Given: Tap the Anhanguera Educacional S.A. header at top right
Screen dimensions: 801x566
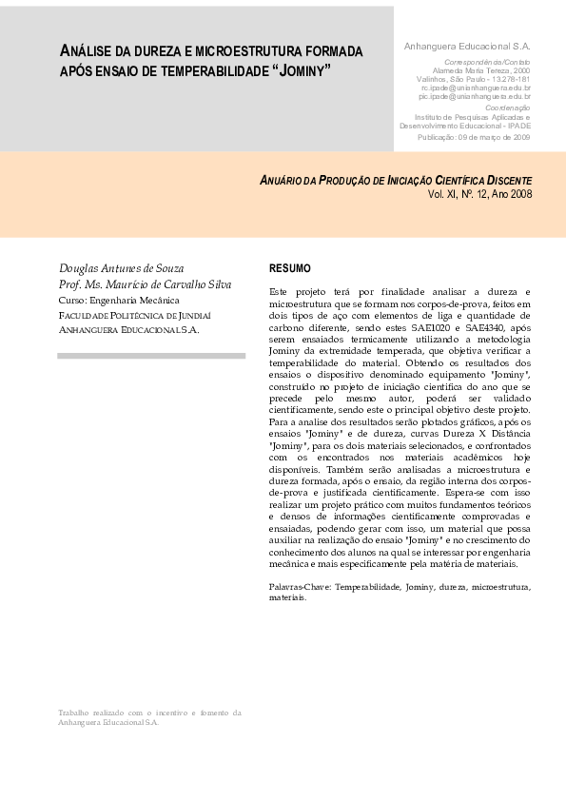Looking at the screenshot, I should pyautogui.click(x=467, y=46).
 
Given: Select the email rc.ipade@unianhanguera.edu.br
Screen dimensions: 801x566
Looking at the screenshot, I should pyautogui.click(x=475, y=88).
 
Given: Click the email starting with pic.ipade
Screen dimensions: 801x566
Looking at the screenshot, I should pyautogui.click(x=475, y=96).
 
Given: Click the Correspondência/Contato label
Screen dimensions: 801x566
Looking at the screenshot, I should pyautogui.click(x=488, y=62).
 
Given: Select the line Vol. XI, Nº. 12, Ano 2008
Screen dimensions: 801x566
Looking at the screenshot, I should pyautogui.click(x=480, y=193).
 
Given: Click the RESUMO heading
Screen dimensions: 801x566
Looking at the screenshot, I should pyautogui.click(x=289, y=268).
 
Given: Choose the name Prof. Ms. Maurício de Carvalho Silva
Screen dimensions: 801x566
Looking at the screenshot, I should pyautogui.click(x=145, y=284).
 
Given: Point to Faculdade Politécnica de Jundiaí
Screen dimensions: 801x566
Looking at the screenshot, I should pyautogui.click(x=134, y=315).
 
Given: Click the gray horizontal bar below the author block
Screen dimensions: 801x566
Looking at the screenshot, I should pyautogui.click(x=151, y=356).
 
